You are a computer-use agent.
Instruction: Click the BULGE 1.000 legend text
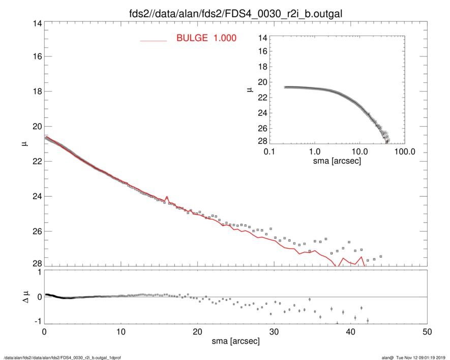point(206,38)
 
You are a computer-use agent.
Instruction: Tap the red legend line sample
point(154,40)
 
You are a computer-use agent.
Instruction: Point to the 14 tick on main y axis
point(35,24)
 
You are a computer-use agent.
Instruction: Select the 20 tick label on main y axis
point(35,127)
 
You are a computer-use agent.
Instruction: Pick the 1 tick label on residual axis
point(37,273)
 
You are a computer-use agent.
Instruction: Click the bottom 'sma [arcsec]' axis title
point(235,341)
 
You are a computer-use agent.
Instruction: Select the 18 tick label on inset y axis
point(263,67)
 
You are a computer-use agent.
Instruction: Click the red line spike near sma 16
point(166,197)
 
